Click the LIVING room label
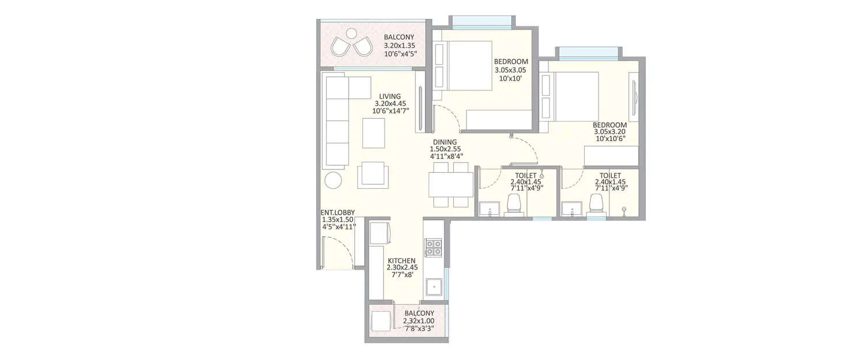[x=390, y=96]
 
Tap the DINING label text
[x=445, y=142]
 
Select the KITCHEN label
[x=401, y=260]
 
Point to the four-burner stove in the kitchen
[x=433, y=247]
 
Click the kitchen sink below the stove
[x=433, y=287]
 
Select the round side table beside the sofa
[x=334, y=180]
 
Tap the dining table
[x=450, y=184]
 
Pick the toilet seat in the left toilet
[x=513, y=203]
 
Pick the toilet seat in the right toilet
[x=597, y=203]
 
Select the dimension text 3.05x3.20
[x=609, y=131]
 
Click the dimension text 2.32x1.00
[x=419, y=321]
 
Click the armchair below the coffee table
[x=373, y=175]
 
